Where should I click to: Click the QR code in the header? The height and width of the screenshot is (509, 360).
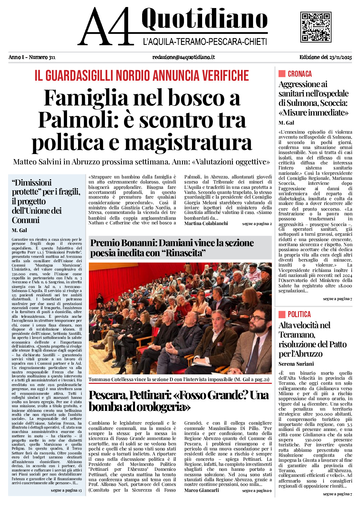[x=316, y=27]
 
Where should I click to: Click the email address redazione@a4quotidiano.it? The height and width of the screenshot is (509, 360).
[x=183, y=57]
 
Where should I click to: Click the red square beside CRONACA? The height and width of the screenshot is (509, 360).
[x=282, y=74]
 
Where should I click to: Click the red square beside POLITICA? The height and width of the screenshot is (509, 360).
[x=282, y=314]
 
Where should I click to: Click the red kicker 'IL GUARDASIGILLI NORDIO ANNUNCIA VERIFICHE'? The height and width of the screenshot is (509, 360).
[x=142, y=76]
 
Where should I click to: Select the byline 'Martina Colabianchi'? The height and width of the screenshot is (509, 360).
[x=206, y=223]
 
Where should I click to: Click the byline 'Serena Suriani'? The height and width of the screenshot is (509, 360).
[x=296, y=364]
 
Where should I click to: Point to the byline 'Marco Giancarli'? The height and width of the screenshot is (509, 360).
[x=201, y=490]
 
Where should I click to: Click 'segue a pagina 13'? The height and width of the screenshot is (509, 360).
[x=66, y=490]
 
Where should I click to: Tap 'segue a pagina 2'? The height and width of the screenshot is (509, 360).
[x=257, y=224]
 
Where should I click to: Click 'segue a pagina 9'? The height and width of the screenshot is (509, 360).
[x=257, y=491]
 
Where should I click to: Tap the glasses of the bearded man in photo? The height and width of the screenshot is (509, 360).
[x=257, y=318]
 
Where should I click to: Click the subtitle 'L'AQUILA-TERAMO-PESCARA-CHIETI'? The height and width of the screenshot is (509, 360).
[x=205, y=42]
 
